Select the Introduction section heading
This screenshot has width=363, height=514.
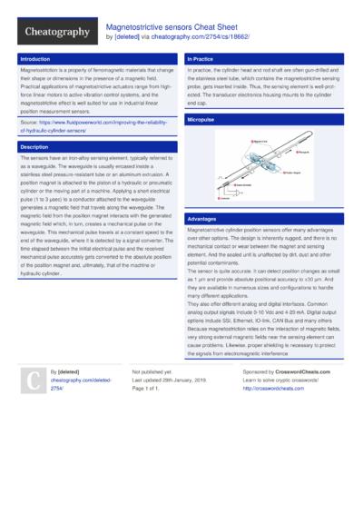[x=35, y=58]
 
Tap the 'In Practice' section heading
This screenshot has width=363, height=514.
[x=201, y=58]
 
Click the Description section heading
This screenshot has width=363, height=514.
[x=34, y=146]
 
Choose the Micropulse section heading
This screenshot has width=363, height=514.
[x=201, y=120]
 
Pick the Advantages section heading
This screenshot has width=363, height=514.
[x=202, y=220]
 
